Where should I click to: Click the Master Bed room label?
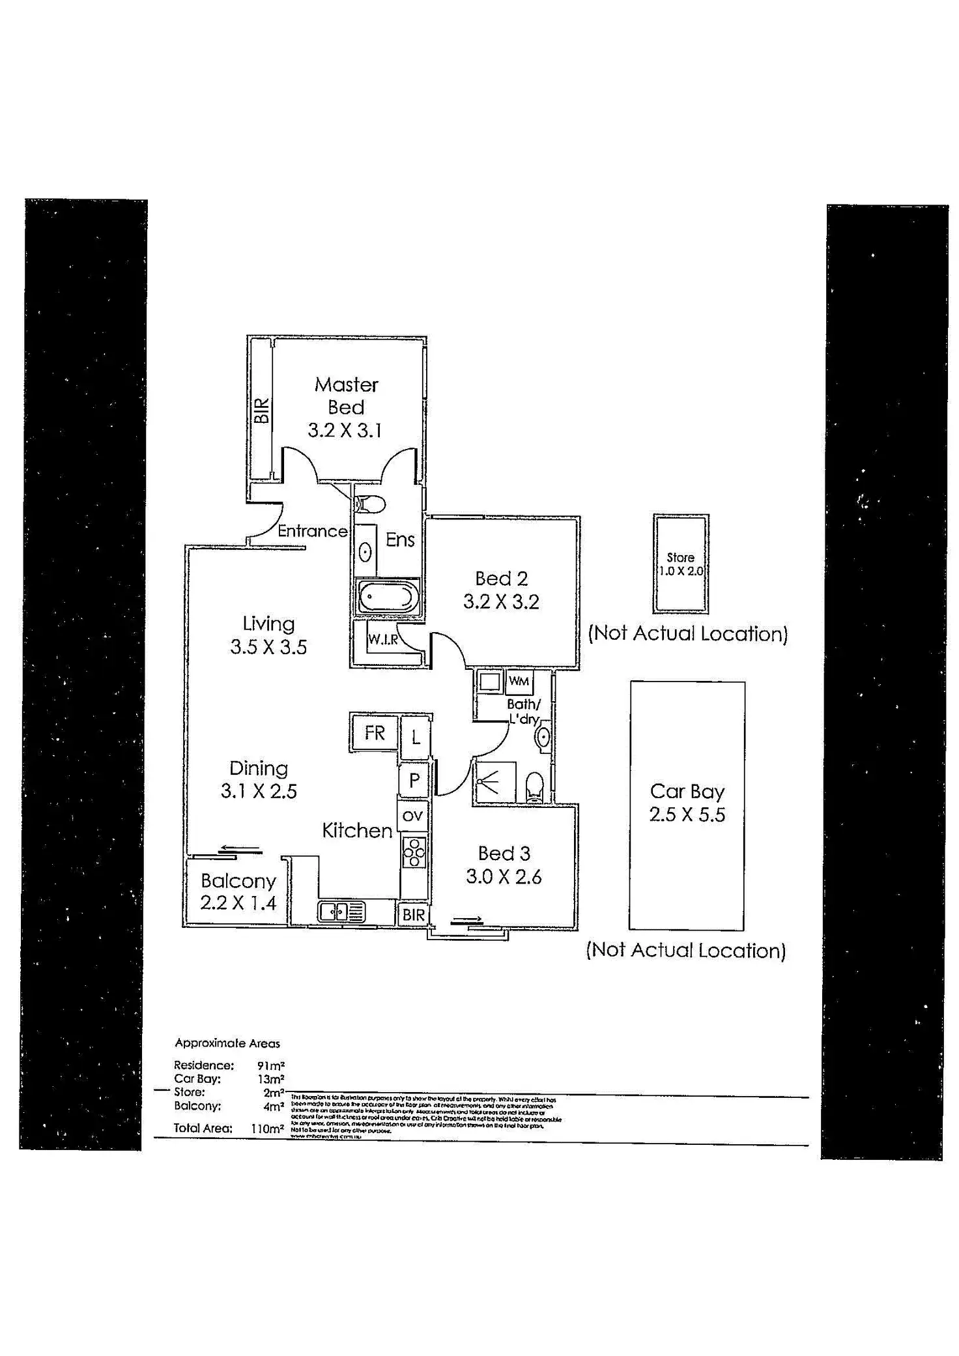(x=346, y=396)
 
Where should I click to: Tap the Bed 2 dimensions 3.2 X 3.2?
(x=501, y=601)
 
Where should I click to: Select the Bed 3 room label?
(x=504, y=853)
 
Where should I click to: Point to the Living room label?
(x=268, y=624)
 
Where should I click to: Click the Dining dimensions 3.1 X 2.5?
(x=259, y=791)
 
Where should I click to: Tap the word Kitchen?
(x=357, y=830)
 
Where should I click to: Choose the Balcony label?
(x=238, y=881)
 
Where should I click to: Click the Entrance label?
(x=313, y=531)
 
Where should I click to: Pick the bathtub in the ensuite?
(x=387, y=596)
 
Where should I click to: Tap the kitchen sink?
(x=341, y=912)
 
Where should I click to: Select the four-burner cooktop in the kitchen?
(x=414, y=852)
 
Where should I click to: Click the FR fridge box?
(x=375, y=733)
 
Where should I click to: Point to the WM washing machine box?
(x=519, y=682)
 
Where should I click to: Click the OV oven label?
(x=413, y=816)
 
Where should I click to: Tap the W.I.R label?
(x=382, y=639)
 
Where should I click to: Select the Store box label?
(x=680, y=558)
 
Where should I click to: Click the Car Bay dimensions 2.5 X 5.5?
(x=687, y=815)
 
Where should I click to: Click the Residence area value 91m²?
(x=271, y=1065)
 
